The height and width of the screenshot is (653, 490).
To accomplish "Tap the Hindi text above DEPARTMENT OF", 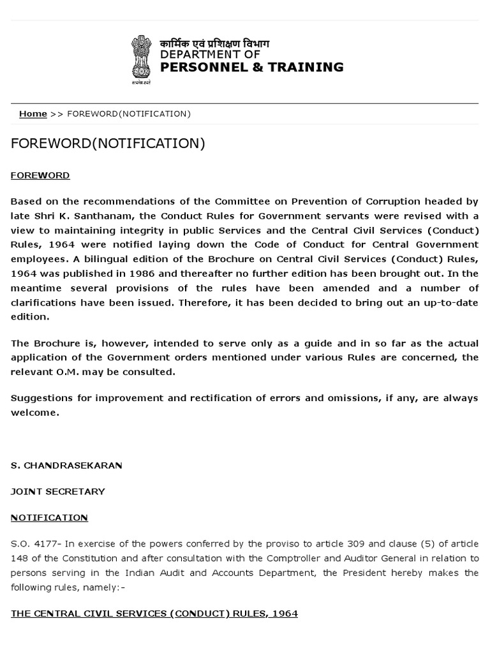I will (214, 43).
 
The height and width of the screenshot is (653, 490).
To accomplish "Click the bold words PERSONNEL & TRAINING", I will (251, 67).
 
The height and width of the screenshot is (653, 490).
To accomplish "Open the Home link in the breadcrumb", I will (33, 114).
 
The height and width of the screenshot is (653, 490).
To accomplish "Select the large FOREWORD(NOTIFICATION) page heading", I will (108, 143).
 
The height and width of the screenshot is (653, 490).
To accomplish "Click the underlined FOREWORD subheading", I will (40, 175).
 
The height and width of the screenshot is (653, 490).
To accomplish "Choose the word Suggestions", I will (40, 398).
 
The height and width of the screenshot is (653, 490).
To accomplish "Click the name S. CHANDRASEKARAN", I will (66, 466).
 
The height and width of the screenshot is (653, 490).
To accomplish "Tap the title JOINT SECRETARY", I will (58, 492).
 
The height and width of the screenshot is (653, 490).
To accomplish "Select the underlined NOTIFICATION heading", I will (49, 518).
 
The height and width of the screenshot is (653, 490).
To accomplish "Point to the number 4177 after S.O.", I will (45, 544).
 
